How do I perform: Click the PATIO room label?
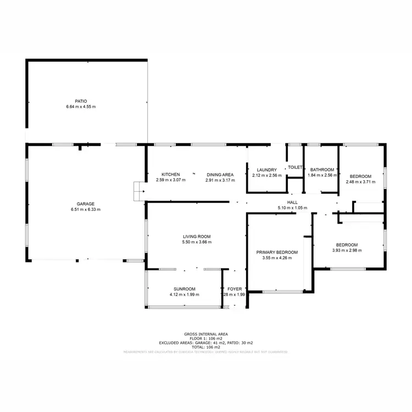81,101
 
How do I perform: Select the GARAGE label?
85,204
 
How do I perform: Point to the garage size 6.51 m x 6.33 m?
85,209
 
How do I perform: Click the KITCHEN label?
170,175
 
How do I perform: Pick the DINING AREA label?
220,175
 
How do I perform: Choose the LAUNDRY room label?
266,170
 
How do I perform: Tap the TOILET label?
295,167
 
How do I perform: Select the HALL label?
292,202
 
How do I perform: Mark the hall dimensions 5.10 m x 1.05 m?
292,208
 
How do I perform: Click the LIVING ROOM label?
197,236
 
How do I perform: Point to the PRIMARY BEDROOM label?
277,252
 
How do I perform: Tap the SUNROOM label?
185,289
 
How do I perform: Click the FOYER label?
235,289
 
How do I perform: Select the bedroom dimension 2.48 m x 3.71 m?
360,182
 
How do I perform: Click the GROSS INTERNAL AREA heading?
206,334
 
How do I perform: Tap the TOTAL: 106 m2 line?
206,347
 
